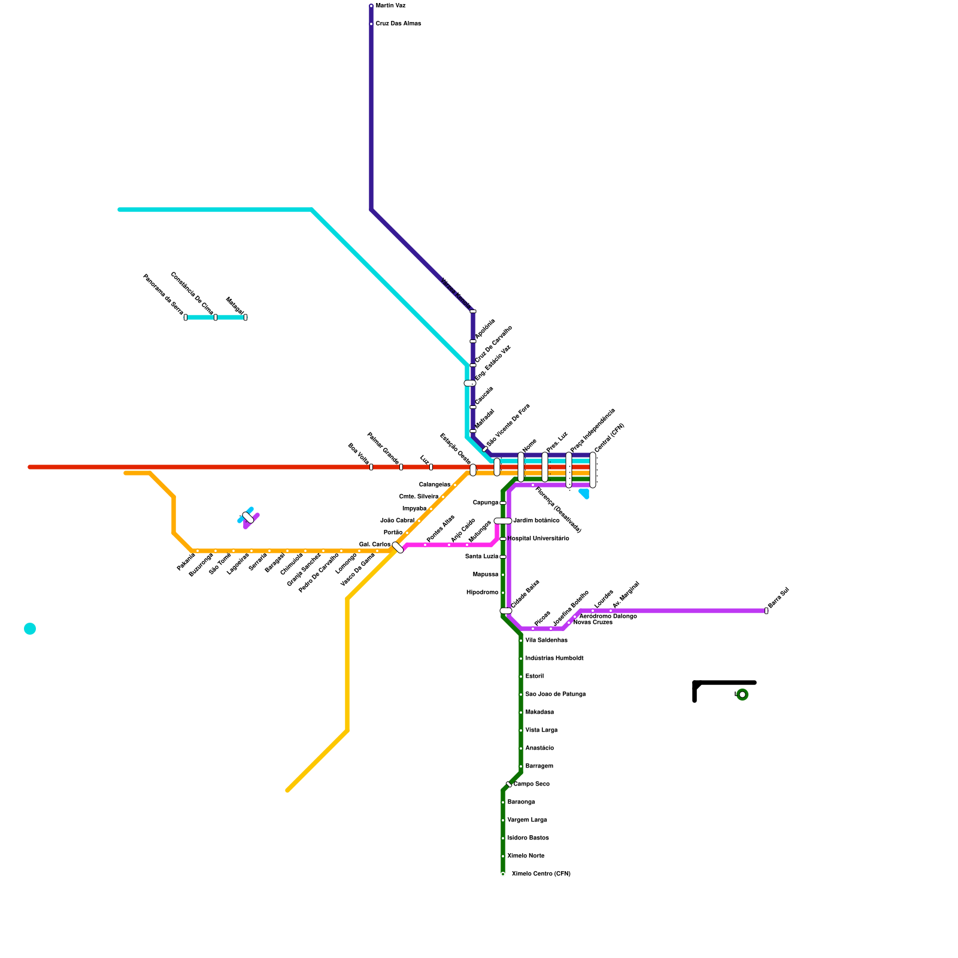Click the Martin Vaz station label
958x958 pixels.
coord(390,6)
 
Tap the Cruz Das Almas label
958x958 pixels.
coord(398,24)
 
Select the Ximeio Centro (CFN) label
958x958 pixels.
coord(541,874)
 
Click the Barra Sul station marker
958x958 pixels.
coord(766,611)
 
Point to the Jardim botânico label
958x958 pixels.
coord(536,521)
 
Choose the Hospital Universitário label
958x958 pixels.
coord(538,539)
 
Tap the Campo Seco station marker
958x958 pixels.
coord(509,784)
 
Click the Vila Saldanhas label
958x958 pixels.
coord(546,641)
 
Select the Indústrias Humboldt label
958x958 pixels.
coord(554,659)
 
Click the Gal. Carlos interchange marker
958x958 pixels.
coord(398,547)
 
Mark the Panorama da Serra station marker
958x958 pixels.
coord(186,317)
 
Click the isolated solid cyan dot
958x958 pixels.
coord(30,629)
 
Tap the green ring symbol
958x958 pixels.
coord(742,695)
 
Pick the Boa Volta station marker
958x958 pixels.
coord(371,467)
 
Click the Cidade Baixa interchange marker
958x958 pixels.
coord(506,611)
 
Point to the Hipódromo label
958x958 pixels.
coord(482,593)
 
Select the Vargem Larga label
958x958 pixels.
coord(527,820)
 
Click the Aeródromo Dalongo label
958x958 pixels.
coord(608,616)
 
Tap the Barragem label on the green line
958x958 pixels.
coord(539,766)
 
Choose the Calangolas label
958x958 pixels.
coord(435,485)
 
